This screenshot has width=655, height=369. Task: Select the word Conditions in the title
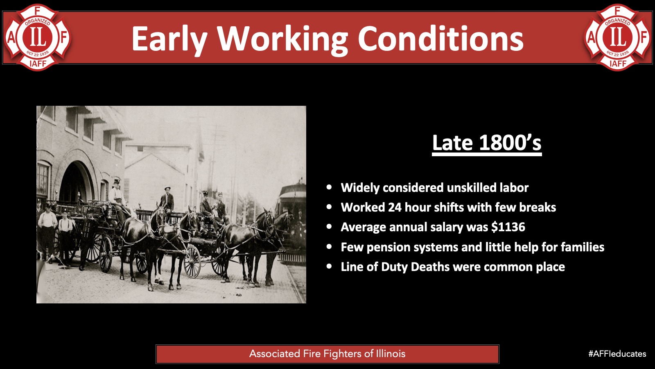coord(440,39)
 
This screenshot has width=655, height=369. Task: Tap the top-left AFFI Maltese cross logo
coord(37,37)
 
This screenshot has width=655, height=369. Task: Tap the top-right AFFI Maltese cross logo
coord(618,37)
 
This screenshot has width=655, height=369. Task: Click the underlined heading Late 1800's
coord(487,143)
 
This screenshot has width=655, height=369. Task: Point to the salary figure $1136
coord(508,227)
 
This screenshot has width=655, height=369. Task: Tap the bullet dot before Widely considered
coord(329,187)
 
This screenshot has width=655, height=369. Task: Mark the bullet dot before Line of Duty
coord(329,266)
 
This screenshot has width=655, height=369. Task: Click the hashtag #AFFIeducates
coord(617,354)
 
